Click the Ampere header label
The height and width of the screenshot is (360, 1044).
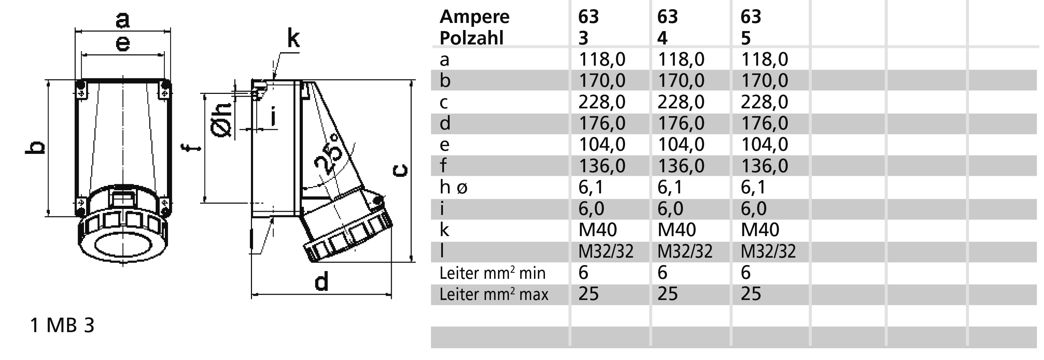(475, 17)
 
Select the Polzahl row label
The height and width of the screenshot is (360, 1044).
(471, 38)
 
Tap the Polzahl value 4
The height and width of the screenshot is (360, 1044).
(662, 38)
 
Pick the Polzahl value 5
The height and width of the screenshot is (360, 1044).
(746, 38)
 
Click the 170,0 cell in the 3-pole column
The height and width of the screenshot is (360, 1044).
(602, 80)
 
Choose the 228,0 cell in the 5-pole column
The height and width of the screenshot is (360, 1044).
(764, 102)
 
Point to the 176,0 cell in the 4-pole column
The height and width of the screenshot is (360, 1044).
(681, 123)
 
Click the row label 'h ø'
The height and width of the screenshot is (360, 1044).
(454, 187)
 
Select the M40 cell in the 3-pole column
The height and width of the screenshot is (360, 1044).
(598, 229)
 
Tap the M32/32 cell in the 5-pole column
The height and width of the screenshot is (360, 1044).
(768, 251)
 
